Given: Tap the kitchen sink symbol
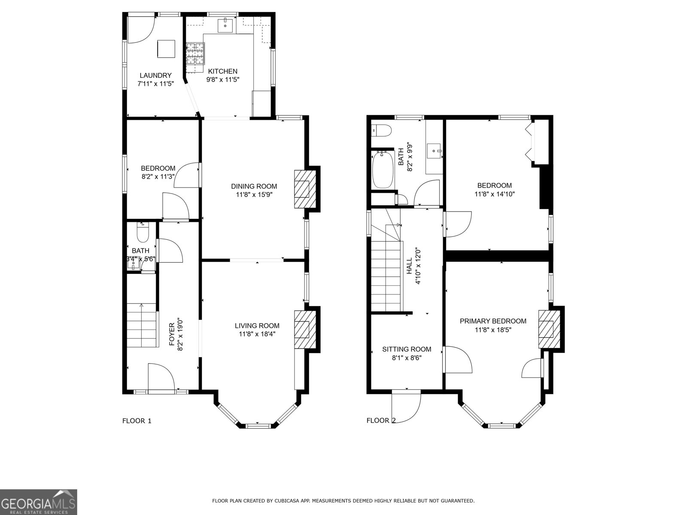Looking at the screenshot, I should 225,25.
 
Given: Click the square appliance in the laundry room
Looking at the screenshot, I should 166,48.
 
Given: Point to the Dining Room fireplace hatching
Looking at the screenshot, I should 304,189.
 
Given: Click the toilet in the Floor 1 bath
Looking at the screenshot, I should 142,233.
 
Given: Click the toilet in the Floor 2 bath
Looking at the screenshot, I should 382,130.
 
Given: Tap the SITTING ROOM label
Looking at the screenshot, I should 406,349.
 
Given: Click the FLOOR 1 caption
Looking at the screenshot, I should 137,421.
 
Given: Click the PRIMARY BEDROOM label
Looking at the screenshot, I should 492,321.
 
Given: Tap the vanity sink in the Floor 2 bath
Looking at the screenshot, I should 434,151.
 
